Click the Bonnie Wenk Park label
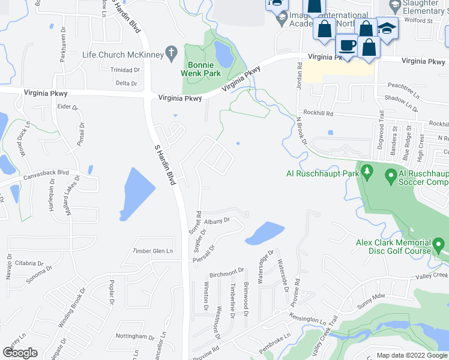coord(201,69)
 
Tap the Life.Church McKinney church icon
coord(170,53)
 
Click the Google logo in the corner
coord(20,353)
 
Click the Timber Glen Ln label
coord(152,251)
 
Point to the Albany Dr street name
coord(218,221)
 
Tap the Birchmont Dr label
coord(227,273)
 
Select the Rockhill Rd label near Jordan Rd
coord(318,112)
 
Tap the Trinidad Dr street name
coord(124,70)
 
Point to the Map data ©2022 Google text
coord(412,355)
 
